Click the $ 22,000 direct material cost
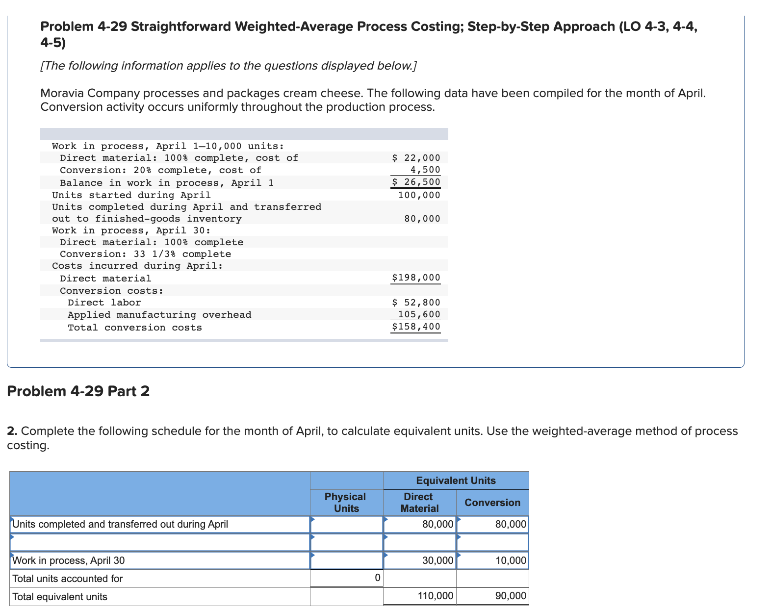[416, 158]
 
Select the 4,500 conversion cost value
[425, 170]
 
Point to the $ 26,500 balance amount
[416, 182]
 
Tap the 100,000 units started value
[419, 195]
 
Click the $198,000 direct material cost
[416, 278]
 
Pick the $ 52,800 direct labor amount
[416, 303]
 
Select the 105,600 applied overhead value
[419, 314]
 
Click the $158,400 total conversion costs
[416, 327]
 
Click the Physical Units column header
[346, 503]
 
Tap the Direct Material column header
[419, 503]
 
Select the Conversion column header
[492, 503]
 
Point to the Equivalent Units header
[456, 481]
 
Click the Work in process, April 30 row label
[69, 560]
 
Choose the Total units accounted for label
[68, 579]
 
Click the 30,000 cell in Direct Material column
[437, 560]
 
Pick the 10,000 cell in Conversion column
[511, 560]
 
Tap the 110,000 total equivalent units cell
[436, 596]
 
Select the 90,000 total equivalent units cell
[511, 596]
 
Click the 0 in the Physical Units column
[377, 578]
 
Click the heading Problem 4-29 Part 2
[78, 391]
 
